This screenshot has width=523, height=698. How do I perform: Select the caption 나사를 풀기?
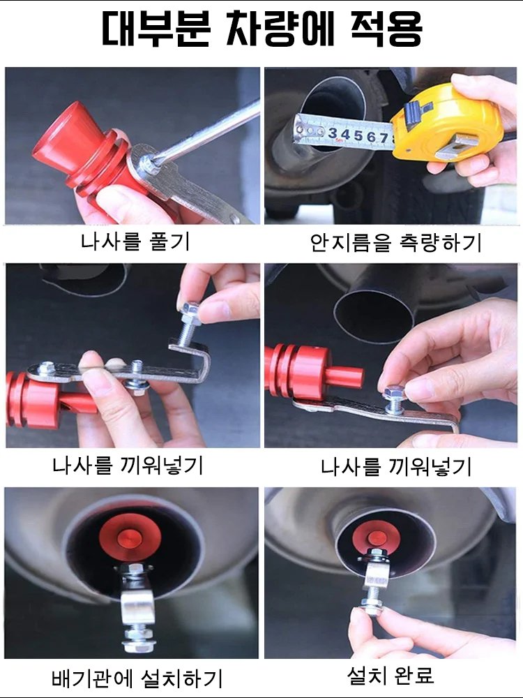coord(135,242)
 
